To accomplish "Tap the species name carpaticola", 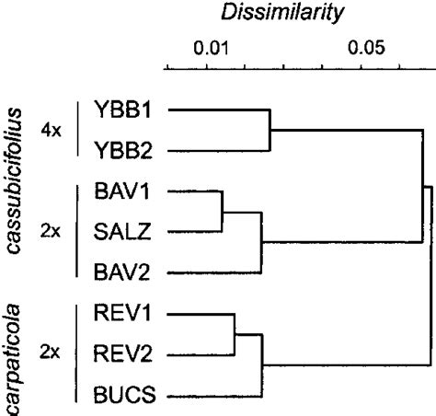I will [x=15, y=363].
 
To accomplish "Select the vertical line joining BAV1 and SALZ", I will [x=223, y=212].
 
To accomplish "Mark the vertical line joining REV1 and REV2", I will [x=235, y=333].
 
